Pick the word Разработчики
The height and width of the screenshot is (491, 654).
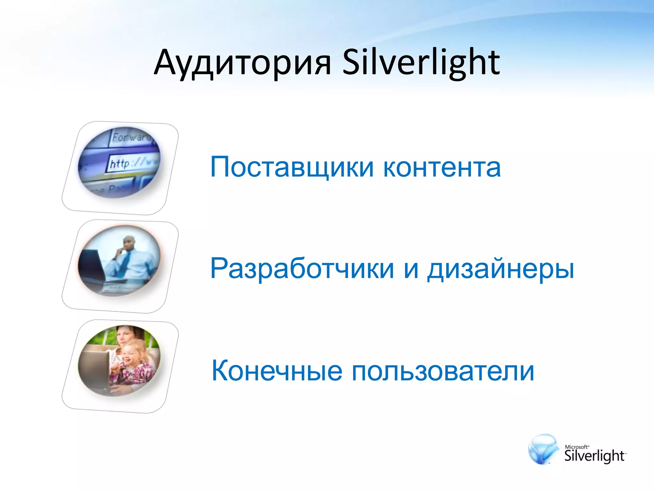point(302,269)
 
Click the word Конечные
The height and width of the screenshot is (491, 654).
point(277,371)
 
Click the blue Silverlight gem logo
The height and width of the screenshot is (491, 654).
point(543,449)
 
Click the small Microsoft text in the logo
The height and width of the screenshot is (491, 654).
point(576,447)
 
